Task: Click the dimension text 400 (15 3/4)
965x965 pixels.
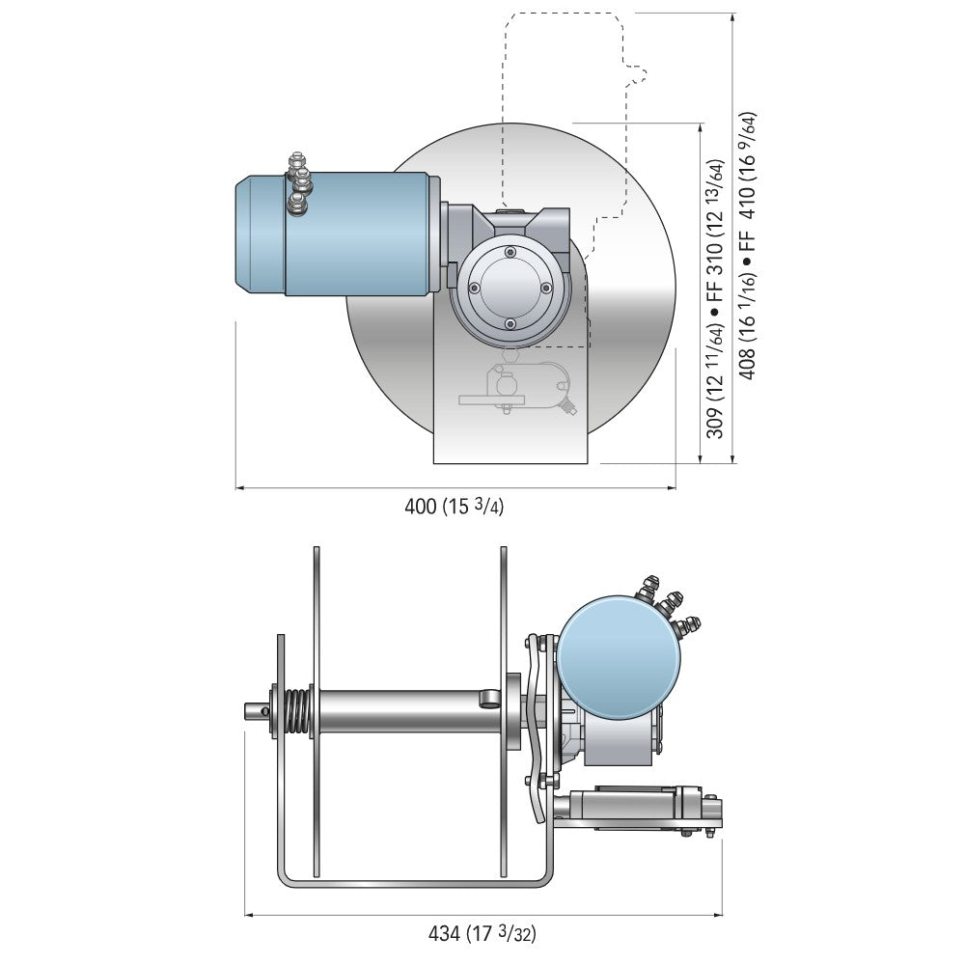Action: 454,507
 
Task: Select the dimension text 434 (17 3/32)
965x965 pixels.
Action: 482,933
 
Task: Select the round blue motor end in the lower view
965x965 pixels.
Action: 618,656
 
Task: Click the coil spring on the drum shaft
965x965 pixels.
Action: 298,712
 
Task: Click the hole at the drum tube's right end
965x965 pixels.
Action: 490,697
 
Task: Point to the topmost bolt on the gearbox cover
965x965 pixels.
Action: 510,253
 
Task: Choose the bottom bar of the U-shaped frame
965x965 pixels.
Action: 415,880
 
